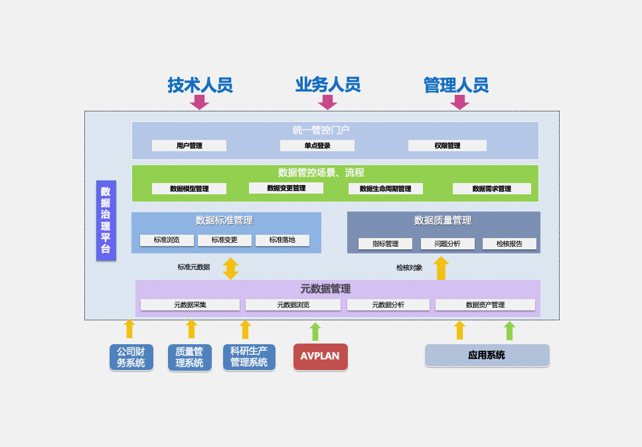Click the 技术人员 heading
[200, 86]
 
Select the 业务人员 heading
[327, 85]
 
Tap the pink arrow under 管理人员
[459, 102]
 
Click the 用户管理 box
[189, 145]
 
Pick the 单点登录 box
[317, 145]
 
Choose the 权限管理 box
[447, 145]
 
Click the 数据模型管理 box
[189, 188]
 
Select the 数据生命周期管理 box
[386, 188]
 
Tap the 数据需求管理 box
[492, 188]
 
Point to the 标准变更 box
[224, 240]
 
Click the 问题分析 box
[447, 243]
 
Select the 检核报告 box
[509, 243]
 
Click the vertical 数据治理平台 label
[106, 220]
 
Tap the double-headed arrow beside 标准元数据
[230, 268]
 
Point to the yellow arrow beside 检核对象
[441, 268]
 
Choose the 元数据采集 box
[190, 304]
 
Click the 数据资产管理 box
[485, 304]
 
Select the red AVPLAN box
[320, 356]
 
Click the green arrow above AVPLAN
[315, 332]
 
